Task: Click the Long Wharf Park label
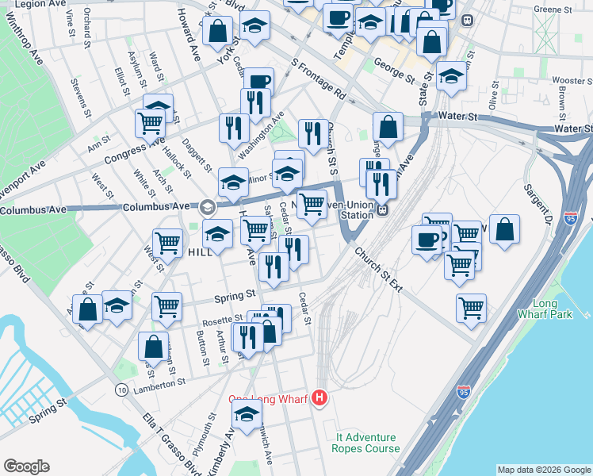click(x=553, y=309)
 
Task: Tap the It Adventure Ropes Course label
click(x=367, y=443)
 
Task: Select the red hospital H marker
click(x=319, y=398)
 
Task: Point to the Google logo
click(x=26, y=466)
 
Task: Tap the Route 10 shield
click(x=121, y=390)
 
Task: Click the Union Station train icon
click(x=382, y=210)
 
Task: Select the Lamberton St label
click(x=159, y=382)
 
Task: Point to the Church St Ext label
click(x=378, y=269)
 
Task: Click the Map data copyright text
click(x=543, y=470)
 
